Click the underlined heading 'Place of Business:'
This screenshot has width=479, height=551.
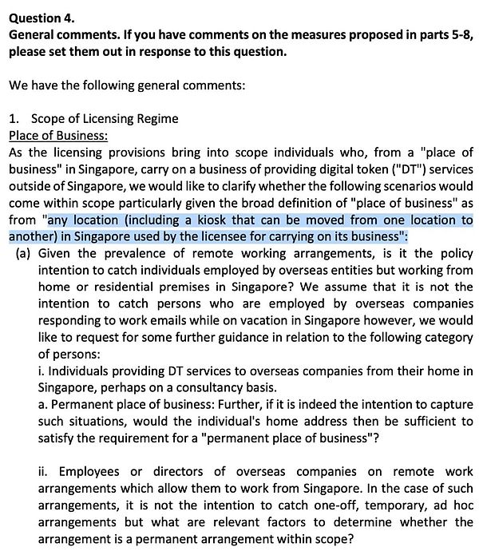57,136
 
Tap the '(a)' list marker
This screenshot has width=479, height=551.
24,253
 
